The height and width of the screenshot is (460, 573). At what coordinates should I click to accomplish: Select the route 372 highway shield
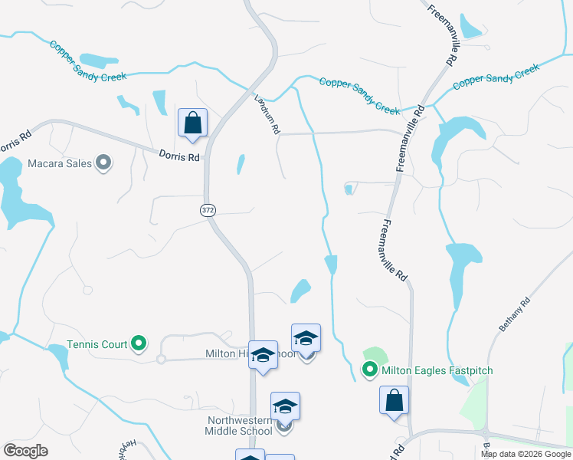pyautogui.click(x=208, y=209)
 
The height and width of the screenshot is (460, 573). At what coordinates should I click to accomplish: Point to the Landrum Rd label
pyautogui.click(x=266, y=113)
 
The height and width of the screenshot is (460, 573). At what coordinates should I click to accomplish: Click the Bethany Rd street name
pyautogui.click(x=514, y=315)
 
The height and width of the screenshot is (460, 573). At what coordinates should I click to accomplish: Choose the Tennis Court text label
pyautogui.click(x=97, y=344)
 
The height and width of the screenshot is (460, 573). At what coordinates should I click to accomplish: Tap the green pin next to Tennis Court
pyautogui.click(x=139, y=344)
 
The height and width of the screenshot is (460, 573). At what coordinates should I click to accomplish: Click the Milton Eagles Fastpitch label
pyautogui.click(x=437, y=371)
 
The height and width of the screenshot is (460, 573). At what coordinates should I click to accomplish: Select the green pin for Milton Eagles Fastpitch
pyautogui.click(x=369, y=371)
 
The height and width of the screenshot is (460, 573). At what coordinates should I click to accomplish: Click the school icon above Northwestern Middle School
pyautogui.click(x=285, y=406)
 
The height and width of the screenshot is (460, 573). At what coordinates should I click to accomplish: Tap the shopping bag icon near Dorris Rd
pyautogui.click(x=192, y=123)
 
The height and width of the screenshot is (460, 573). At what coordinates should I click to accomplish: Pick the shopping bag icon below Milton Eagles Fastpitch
pyautogui.click(x=394, y=400)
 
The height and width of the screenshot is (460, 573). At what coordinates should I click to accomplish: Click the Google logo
pyautogui.click(x=25, y=451)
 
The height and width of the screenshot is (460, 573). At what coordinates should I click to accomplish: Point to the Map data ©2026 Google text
pyautogui.click(x=526, y=454)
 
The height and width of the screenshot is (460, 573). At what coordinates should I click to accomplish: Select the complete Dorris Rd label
pyautogui.click(x=179, y=156)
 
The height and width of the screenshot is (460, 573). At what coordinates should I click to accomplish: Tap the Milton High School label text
pyautogui.click(x=250, y=354)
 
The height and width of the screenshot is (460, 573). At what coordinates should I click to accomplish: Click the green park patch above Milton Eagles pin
pyautogui.click(x=375, y=355)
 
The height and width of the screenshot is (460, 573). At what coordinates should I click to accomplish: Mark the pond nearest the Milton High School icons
pyautogui.click(x=300, y=290)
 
